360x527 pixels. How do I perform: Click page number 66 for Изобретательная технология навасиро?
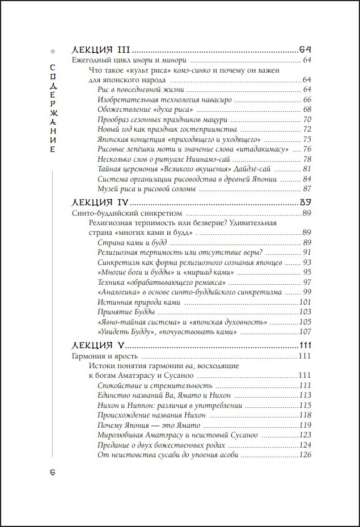(x=307, y=99)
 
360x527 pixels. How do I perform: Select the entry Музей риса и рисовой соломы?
(x=147, y=188)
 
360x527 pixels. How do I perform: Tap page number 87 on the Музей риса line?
(x=307, y=188)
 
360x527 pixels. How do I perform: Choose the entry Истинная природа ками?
(x=139, y=302)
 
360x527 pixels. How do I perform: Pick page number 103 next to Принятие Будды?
(x=306, y=312)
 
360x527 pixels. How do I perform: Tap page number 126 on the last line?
(x=306, y=455)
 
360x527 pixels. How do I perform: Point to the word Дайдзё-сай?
(x=257, y=168)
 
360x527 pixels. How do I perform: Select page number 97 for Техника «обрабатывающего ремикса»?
(x=307, y=282)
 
